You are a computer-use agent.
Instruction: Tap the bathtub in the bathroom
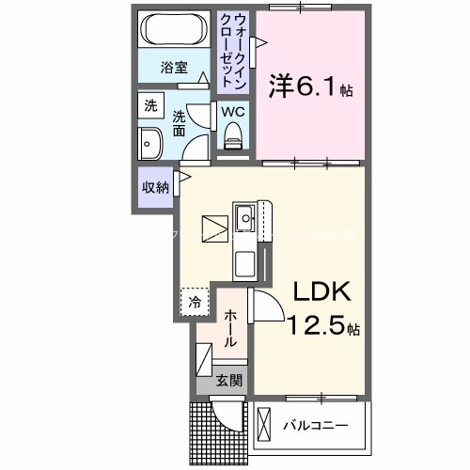click(x=172, y=32)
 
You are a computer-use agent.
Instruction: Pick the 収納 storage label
click(x=155, y=186)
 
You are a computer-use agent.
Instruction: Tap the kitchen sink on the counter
click(x=247, y=218)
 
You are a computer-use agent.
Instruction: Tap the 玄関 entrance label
click(x=228, y=382)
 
